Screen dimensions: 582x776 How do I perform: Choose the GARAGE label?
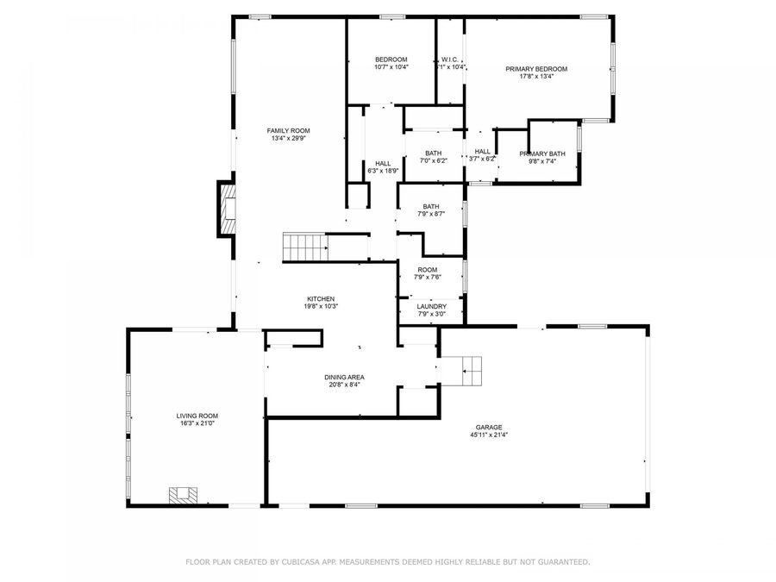coord(488,427)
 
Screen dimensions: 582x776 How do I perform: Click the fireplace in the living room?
coord(184,494)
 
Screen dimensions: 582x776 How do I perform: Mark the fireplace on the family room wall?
coord(227,208)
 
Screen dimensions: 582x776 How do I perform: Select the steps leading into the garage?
coord(472,371)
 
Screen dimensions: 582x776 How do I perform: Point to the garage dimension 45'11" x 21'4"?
coord(489,435)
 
